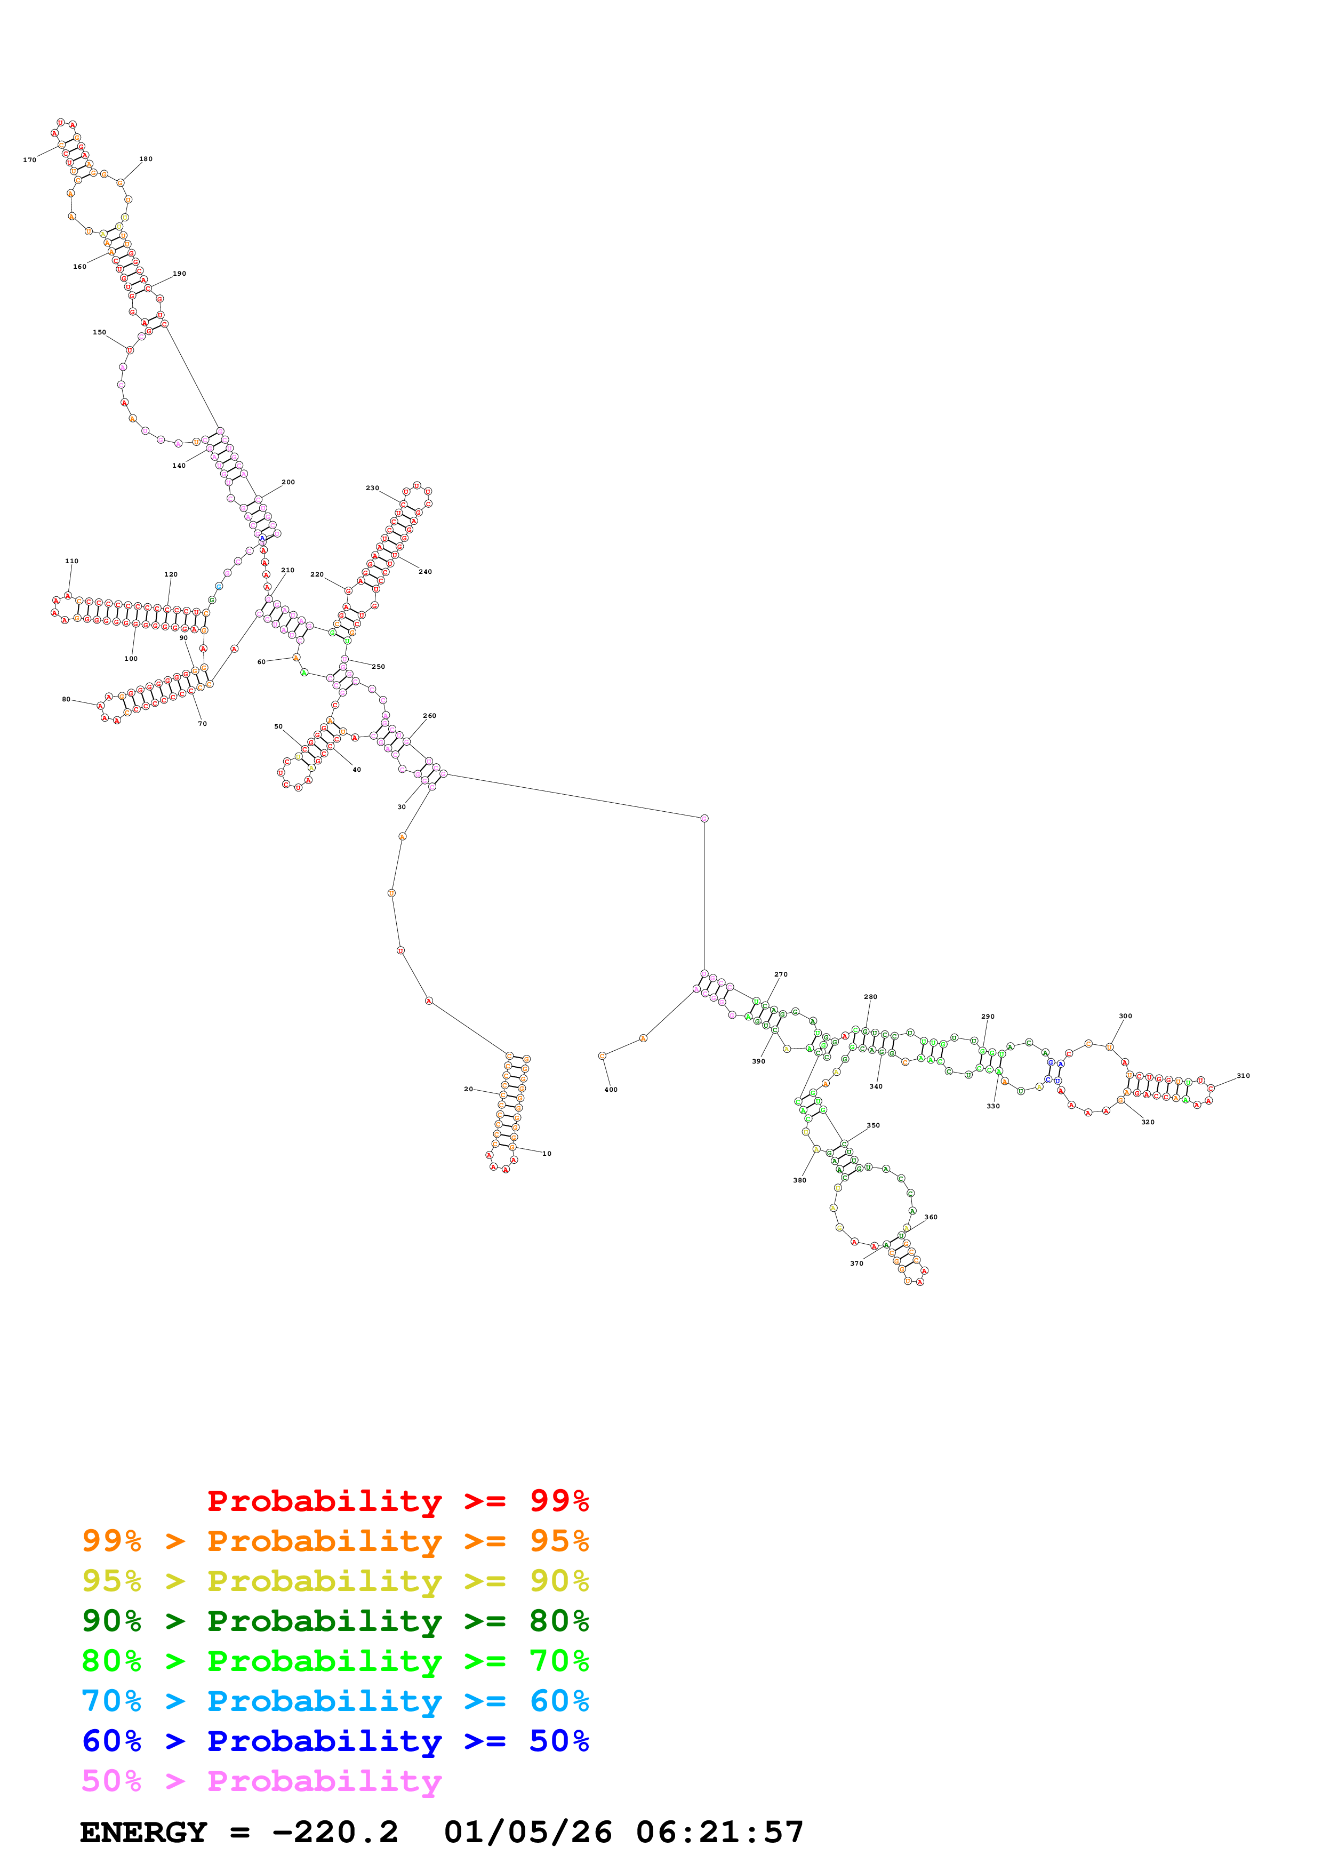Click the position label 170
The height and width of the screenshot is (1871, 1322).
click(29, 159)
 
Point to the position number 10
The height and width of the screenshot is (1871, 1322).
click(547, 1154)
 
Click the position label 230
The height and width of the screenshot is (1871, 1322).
click(372, 488)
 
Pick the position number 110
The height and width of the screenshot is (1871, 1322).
click(71, 562)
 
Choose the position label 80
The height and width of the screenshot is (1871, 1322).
click(66, 699)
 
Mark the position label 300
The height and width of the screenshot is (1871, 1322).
click(1125, 1016)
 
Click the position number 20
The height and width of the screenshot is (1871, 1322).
click(468, 1089)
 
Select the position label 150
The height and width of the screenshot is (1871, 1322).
click(99, 332)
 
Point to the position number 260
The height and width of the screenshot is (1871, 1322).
click(429, 715)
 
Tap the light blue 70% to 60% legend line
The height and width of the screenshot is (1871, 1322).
click(335, 1701)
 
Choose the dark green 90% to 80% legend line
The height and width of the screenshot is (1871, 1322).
click(335, 1621)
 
